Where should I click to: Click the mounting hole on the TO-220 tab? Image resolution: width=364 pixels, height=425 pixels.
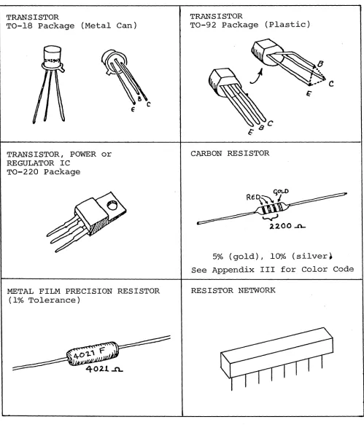coord(112,205)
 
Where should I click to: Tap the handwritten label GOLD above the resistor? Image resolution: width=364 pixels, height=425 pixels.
coord(281,192)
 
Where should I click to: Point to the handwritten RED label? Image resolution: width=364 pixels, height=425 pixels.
coord(253,197)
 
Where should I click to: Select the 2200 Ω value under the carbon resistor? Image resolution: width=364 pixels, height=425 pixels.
coord(287,226)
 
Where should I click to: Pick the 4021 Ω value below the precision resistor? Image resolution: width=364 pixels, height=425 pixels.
coord(104,369)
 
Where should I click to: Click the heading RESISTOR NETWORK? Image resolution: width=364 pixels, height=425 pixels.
coord(233,290)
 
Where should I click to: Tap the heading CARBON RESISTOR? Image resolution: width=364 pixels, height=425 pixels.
coord(230,153)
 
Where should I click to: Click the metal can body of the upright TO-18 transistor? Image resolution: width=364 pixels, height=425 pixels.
coord(52,56)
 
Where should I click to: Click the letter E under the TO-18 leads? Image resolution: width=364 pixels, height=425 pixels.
coord(133,109)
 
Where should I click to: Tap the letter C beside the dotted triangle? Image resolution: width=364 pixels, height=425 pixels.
coord(331,84)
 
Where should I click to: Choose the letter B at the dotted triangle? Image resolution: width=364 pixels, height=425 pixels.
coord(320,64)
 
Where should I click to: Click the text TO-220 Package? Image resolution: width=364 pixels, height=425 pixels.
coord(43,172)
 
